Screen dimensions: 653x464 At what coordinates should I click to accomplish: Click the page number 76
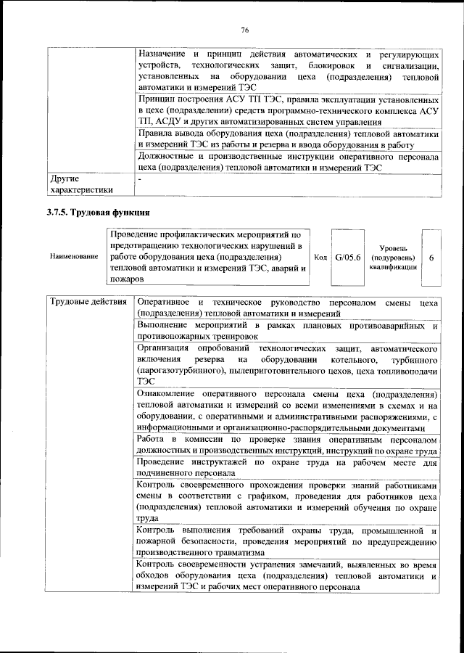[244, 30]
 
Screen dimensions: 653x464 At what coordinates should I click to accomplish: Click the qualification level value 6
[431, 257]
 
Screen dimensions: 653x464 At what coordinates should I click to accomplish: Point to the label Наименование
[74, 258]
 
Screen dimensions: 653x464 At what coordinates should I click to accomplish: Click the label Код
[320, 257]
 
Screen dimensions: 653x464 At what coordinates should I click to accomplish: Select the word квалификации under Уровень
[392, 267]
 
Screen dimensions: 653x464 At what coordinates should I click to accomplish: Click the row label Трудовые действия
[87, 301]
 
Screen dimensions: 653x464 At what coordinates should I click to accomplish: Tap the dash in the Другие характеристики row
[140, 178]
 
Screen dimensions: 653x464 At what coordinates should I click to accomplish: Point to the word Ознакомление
[170, 393]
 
